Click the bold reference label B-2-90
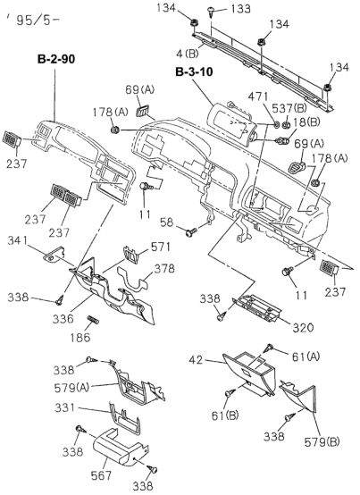point(56,59)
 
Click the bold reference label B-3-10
point(194,72)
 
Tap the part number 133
point(240,9)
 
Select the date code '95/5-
point(32,21)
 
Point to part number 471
point(258,96)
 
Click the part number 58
point(167,222)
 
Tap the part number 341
point(18,242)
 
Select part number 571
point(160,247)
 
